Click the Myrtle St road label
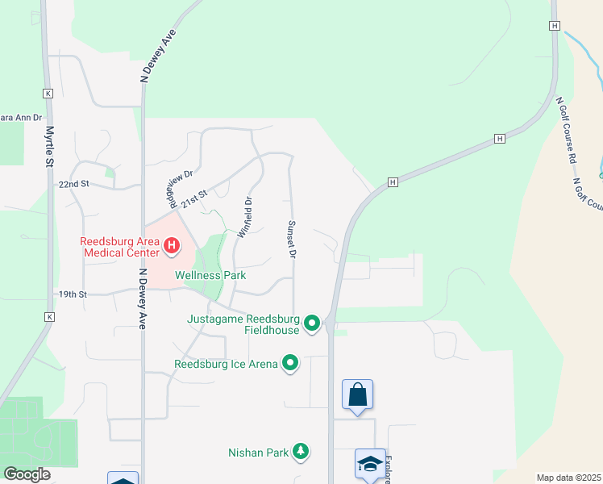pos(50,146)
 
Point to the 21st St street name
pos(194,198)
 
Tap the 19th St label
pos(72,294)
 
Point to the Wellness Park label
pos(210,275)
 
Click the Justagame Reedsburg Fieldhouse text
pos(243,323)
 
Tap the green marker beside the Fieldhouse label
pos(312,324)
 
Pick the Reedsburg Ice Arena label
pos(226,364)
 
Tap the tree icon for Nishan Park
pos(301,452)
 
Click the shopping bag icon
pos(357,395)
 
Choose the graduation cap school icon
pos(370,464)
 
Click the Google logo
pos(27,474)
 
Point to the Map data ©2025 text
pos(568,478)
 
